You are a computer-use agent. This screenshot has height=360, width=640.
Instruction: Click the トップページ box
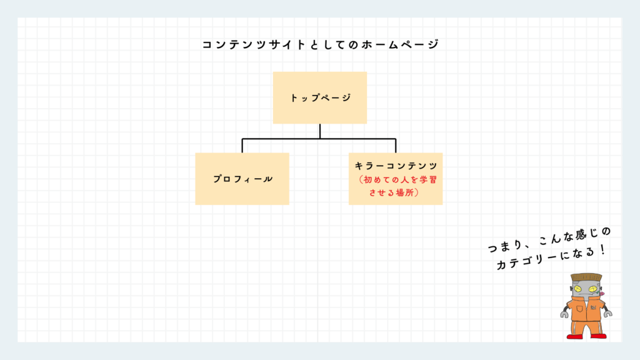click(320, 98)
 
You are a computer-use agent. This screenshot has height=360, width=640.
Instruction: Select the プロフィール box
click(242, 179)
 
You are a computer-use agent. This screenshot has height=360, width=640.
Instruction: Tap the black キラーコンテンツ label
click(396, 166)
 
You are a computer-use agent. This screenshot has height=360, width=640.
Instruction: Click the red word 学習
click(429, 179)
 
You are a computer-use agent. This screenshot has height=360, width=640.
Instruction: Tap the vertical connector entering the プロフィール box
click(242, 146)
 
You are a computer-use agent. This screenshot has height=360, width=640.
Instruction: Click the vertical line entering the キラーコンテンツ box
click(396, 146)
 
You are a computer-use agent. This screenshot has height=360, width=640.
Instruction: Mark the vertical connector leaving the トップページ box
click(320, 131)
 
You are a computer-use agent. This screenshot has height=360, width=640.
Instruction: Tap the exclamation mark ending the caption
click(603, 249)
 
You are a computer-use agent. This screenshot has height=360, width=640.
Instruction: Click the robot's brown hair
click(586, 277)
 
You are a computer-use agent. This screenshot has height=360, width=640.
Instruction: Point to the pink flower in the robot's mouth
click(601, 294)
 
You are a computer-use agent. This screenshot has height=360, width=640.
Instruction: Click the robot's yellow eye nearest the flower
click(593, 289)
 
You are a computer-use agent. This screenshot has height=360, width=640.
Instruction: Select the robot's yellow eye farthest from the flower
click(578, 289)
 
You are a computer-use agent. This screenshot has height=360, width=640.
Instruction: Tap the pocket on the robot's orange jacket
click(579, 309)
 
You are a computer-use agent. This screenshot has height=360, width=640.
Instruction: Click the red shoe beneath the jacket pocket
click(575, 336)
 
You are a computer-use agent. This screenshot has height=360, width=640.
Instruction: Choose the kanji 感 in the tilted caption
click(581, 236)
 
